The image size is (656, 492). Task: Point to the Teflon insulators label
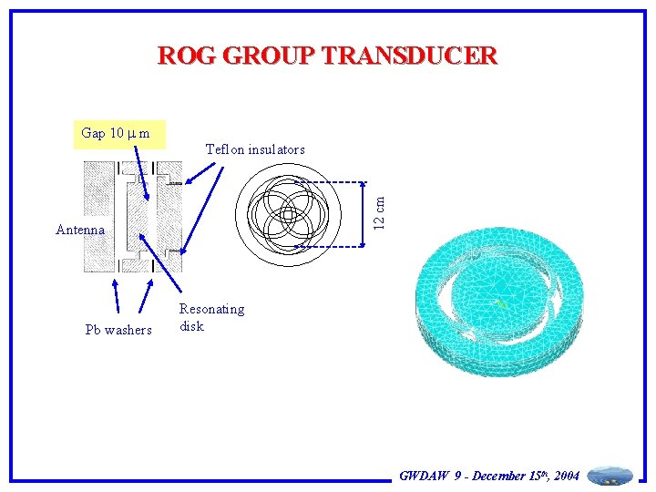click(255, 149)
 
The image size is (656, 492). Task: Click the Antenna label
click(80, 230)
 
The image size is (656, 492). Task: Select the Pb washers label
click(118, 330)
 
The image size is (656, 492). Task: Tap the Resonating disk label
click(211, 317)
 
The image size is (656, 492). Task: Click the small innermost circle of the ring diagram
click(287, 215)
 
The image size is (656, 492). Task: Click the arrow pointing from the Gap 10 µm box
click(139, 173)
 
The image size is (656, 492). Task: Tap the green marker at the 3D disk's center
click(499, 302)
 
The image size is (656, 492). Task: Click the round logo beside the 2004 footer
click(610, 476)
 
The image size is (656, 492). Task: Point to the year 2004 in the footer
click(566, 476)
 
